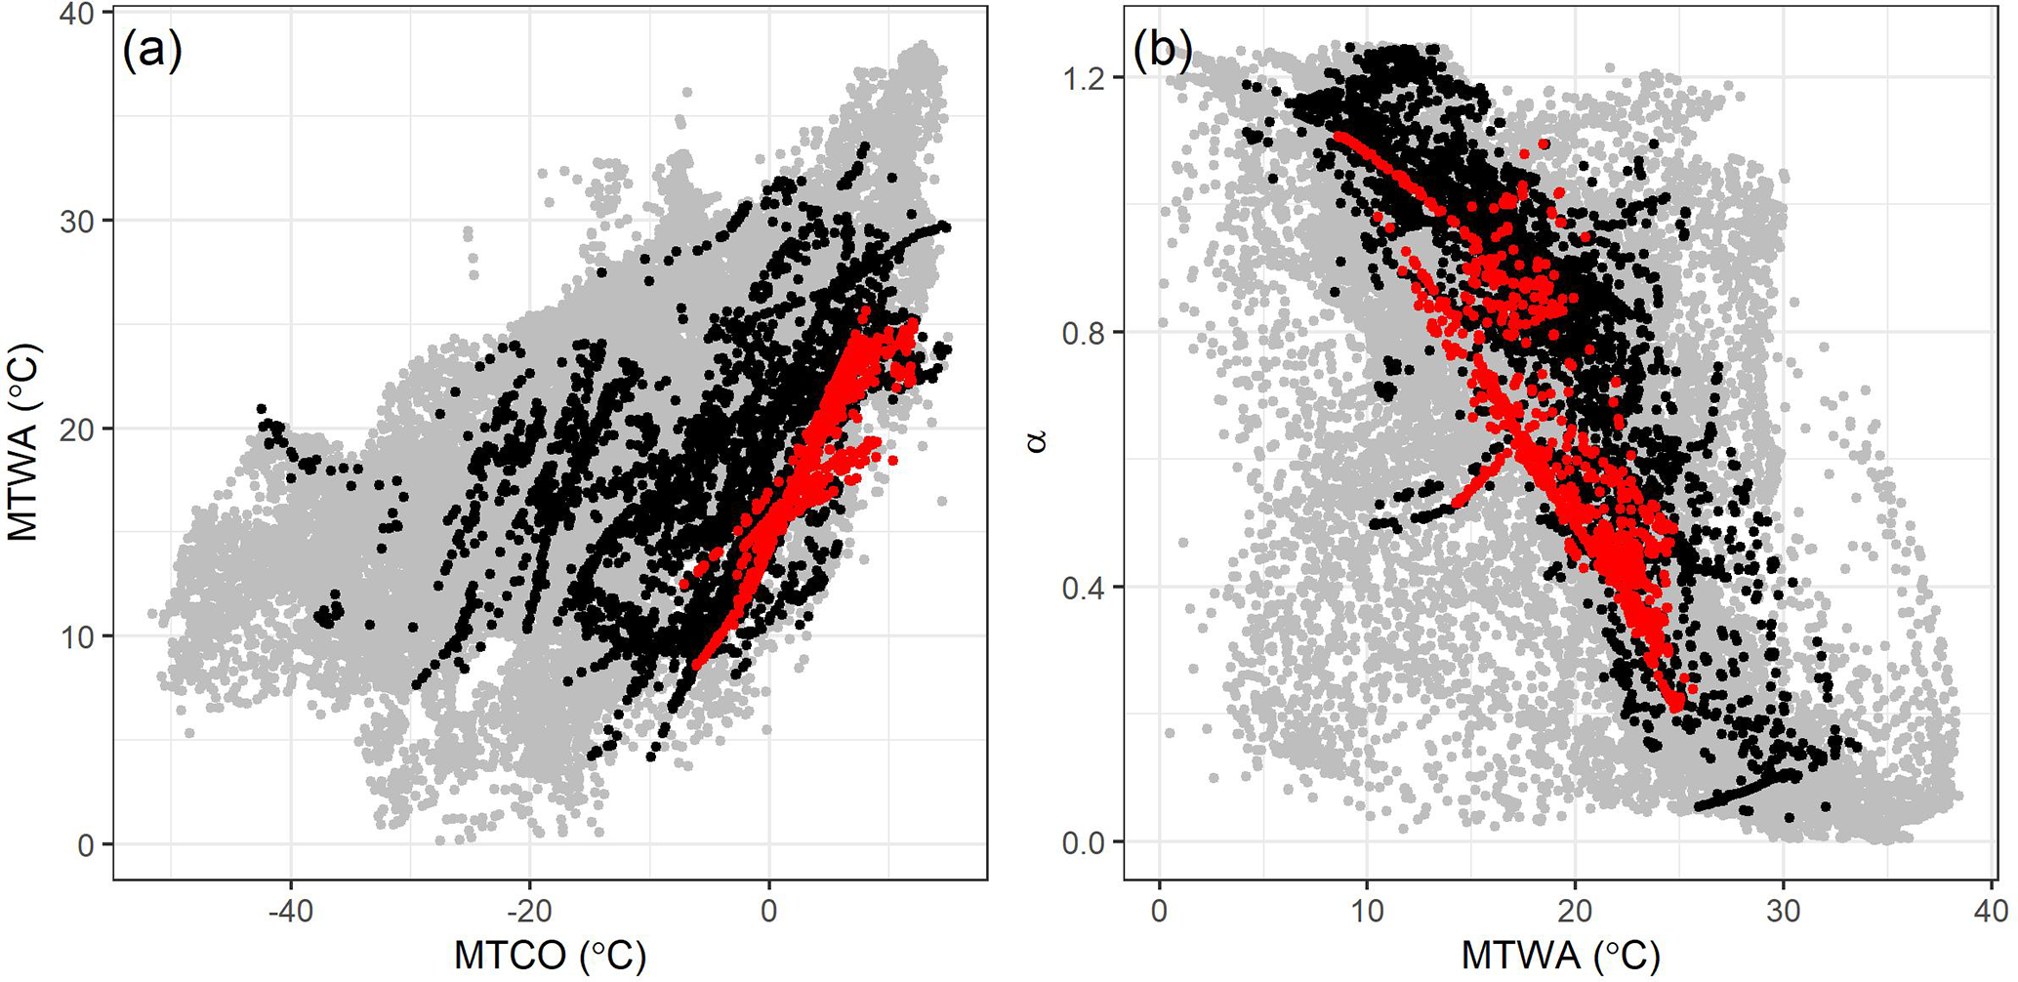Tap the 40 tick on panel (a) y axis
coord(79,14)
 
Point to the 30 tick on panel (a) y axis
coord(79,222)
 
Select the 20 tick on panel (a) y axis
coord(79,430)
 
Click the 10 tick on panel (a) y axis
coord(79,637)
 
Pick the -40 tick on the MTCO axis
coord(290,911)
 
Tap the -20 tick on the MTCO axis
coord(529,911)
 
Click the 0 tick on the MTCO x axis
coord(768,911)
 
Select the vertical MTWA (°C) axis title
coord(23,441)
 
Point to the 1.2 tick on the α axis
coord(1084,77)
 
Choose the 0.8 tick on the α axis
coord(1084,333)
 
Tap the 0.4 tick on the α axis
coord(1084,588)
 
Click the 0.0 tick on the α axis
coord(1084,842)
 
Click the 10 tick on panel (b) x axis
coord(1367,911)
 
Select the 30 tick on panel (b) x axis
coord(1783,911)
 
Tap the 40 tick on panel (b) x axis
coord(1991,911)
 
